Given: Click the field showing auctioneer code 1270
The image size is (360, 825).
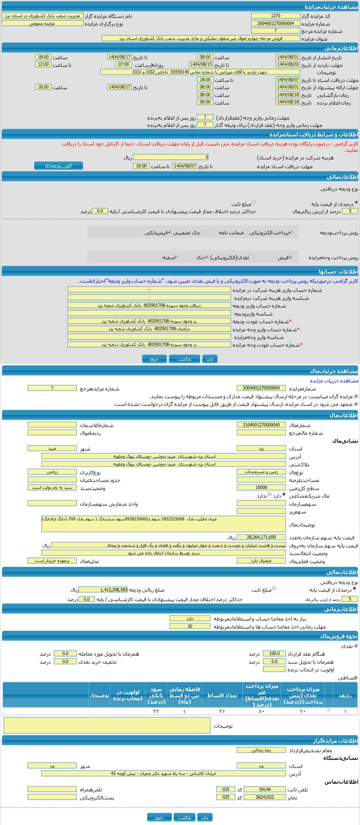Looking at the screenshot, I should click(x=275, y=16).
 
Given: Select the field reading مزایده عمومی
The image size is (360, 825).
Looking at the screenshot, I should click(x=42, y=23).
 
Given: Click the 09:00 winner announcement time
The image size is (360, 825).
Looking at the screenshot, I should click(x=205, y=102).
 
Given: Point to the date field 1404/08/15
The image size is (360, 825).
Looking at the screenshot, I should click(x=201, y=64).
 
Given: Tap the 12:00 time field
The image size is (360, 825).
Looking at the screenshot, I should click(x=43, y=64).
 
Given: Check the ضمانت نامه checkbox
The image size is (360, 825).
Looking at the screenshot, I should click(x=246, y=232).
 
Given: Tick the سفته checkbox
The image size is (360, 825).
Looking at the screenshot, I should click(x=175, y=257).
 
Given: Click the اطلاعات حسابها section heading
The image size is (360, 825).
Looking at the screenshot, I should click(x=338, y=272).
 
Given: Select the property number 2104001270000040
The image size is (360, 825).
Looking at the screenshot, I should click(x=261, y=425).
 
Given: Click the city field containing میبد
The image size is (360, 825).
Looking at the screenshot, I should click(x=52, y=448).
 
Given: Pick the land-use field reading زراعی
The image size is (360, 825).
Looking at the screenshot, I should click(x=52, y=472).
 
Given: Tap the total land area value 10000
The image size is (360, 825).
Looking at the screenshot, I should click(x=261, y=487).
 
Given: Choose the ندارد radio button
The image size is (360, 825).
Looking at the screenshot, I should click(x=270, y=494).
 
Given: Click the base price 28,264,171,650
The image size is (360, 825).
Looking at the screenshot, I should click(x=261, y=537).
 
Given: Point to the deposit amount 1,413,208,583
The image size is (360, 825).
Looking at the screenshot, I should click(x=103, y=589).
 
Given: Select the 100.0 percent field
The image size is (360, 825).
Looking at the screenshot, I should click(x=274, y=653).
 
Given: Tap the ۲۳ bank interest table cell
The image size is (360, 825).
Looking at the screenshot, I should click(x=156, y=711).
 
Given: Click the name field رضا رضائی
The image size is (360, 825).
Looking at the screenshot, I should click(x=261, y=750).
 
